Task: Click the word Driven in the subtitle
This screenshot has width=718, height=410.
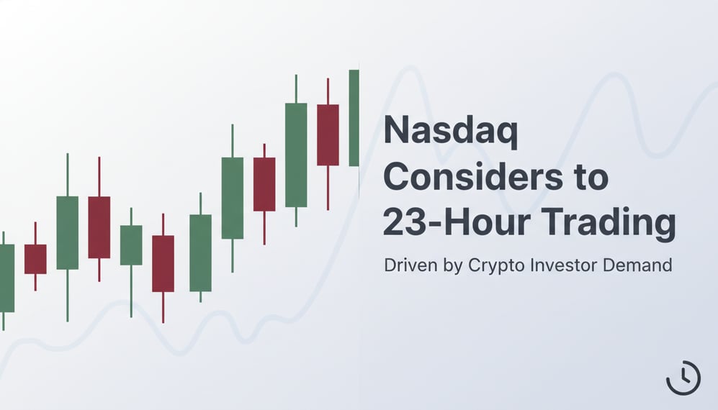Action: click(407, 265)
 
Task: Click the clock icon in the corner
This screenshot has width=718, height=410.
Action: click(683, 377)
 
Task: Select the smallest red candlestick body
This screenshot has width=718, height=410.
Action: click(35, 259)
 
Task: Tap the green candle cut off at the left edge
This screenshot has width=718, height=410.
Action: click(6, 278)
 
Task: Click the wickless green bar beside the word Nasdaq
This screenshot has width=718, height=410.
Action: click(354, 118)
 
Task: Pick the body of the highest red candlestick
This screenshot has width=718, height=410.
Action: click(328, 135)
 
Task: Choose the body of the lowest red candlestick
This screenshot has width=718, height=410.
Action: click(163, 263)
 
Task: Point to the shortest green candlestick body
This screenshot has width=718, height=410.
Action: click(131, 245)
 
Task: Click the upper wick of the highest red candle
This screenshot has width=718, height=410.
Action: click(328, 91)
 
